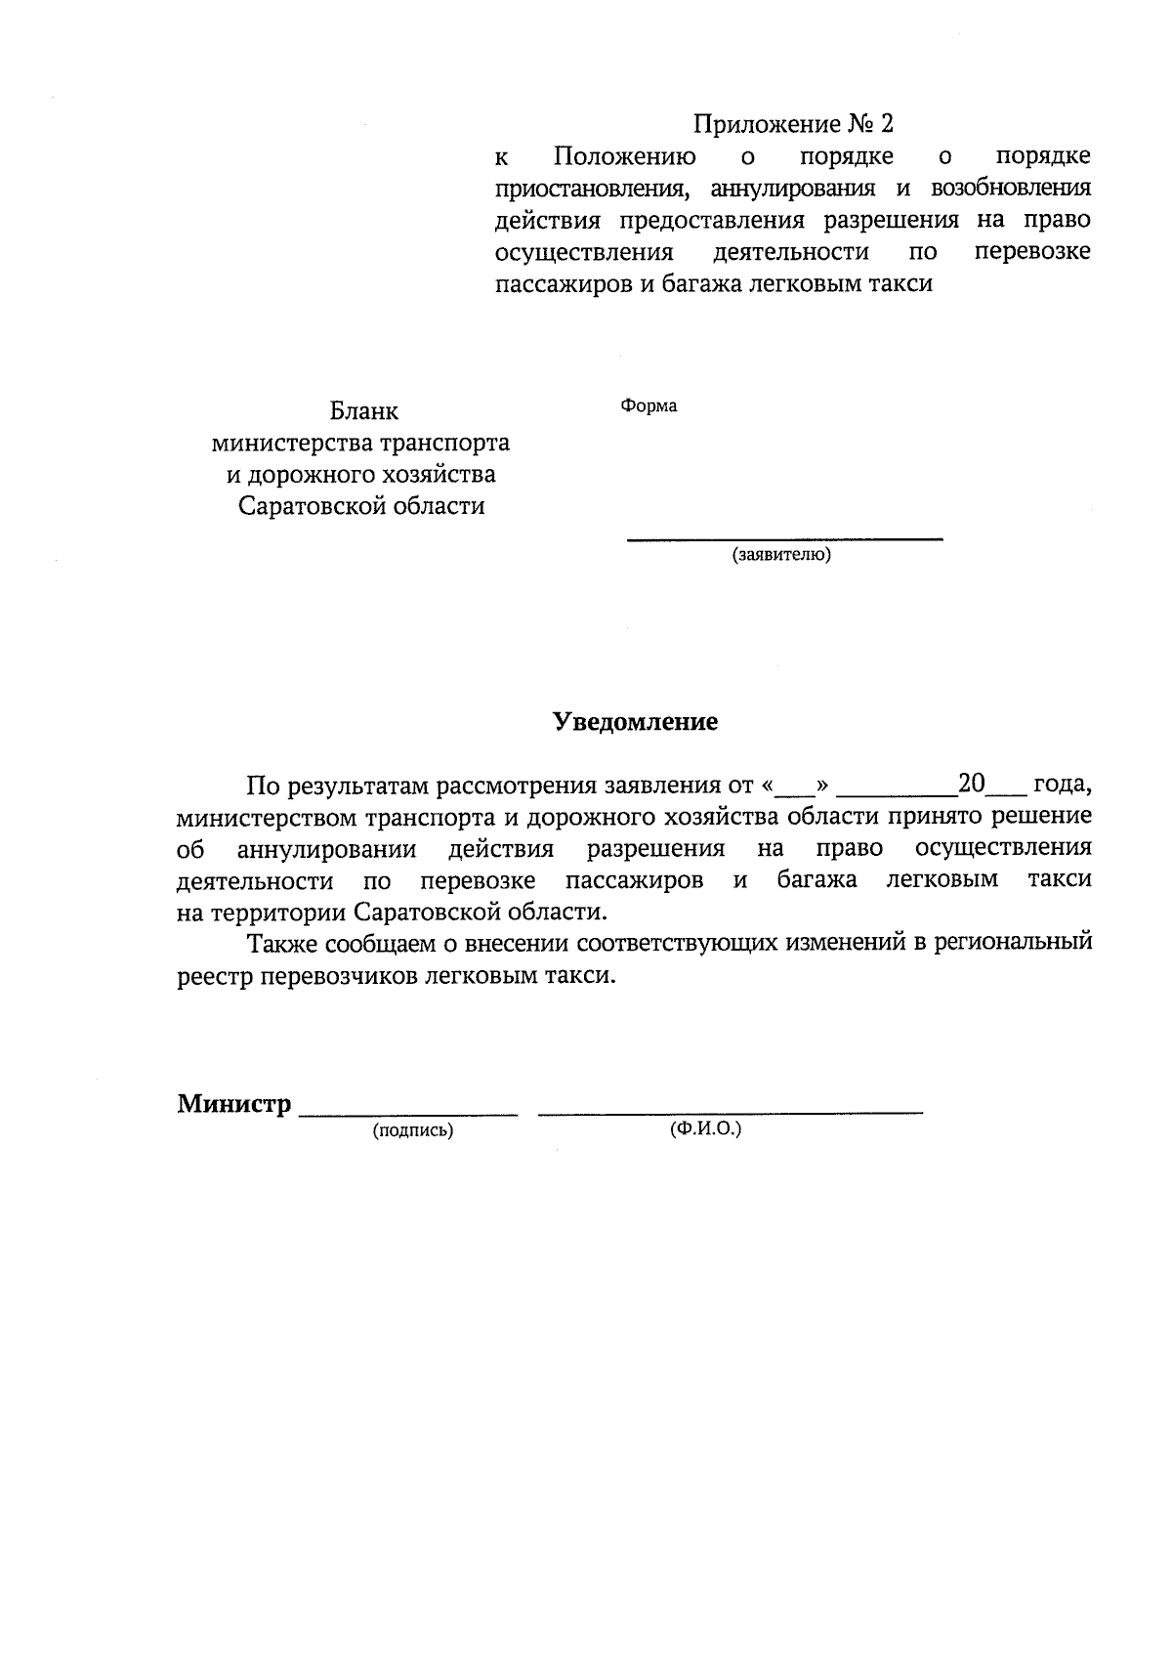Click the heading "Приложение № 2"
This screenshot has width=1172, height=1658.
click(793, 125)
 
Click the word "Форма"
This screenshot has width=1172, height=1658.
click(649, 405)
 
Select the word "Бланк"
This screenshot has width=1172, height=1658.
click(363, 411)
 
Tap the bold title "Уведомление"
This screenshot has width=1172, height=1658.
click(635, 722)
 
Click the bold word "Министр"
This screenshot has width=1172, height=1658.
click(234, 1104)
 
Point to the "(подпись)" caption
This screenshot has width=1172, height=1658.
click(412, 1130)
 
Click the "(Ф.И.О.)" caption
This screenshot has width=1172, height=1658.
click(705, 1128)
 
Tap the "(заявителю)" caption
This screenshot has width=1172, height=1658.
click(781, 555)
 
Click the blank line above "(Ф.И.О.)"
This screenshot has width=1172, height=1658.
click(731, 1112)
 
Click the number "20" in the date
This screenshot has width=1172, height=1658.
click(974, 784)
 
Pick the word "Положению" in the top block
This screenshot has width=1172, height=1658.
click(625, 157)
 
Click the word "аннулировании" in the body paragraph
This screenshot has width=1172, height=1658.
click(327, 848)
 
